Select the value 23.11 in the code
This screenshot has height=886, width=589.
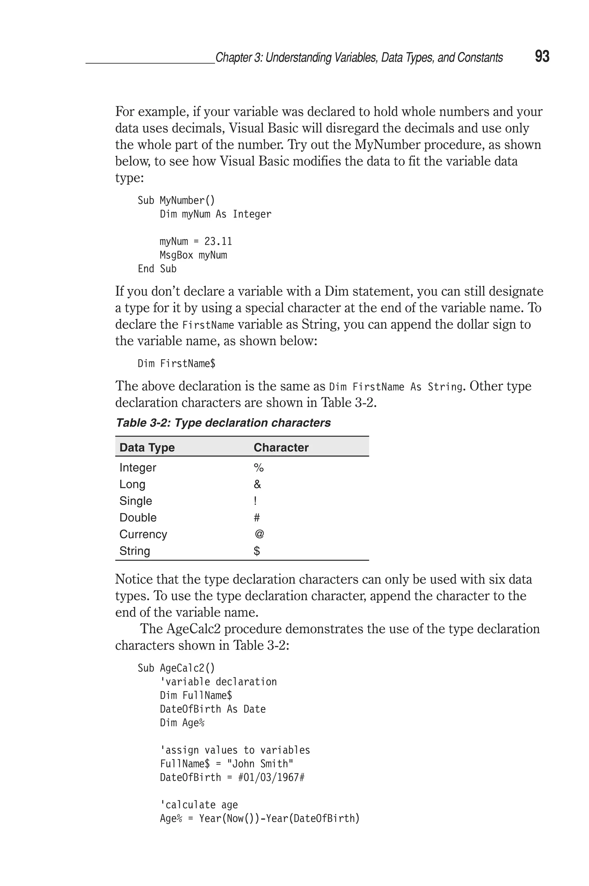218,241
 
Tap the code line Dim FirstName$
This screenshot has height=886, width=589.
176,363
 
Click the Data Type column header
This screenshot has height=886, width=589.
147,447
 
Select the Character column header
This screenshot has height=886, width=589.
281,447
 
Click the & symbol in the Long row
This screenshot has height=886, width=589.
257,484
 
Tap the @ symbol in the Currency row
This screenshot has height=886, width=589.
259,534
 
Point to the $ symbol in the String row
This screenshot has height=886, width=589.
257,551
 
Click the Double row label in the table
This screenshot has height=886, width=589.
138,517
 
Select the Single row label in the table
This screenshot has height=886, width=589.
136,501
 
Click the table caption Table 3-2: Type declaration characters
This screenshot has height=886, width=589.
223,423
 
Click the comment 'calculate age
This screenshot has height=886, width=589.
199,805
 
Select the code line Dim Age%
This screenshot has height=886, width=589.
182,723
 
